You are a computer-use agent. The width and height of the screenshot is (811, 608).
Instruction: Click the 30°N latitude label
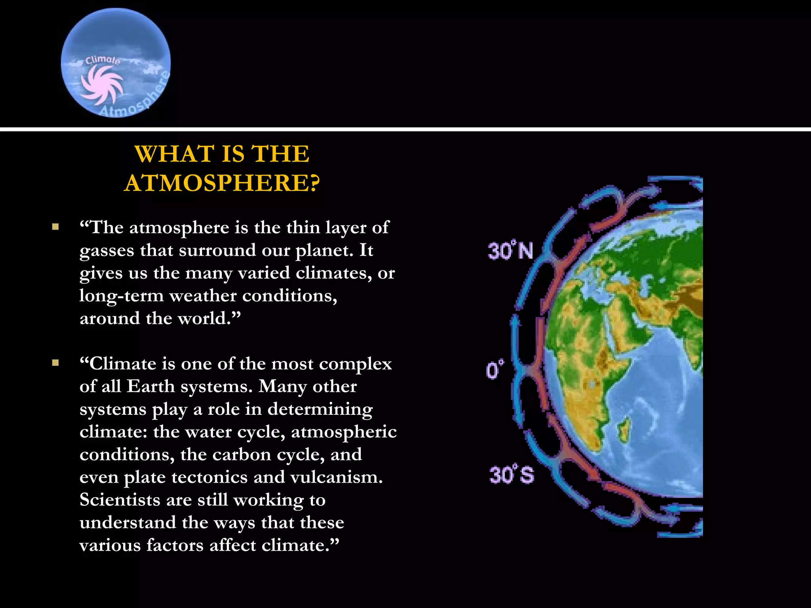(510, 251)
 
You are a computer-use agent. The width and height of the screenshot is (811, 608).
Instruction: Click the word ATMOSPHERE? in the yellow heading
(222, 183)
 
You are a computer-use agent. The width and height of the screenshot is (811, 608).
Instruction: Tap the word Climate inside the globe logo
(103, 60)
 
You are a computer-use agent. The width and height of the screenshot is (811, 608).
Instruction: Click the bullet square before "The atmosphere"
(55, 227)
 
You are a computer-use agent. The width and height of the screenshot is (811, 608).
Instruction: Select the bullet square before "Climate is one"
(55, 363)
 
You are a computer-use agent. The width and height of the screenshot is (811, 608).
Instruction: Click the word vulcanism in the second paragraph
(336, 477)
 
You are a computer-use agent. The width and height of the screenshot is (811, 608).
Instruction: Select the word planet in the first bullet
(324, 250)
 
